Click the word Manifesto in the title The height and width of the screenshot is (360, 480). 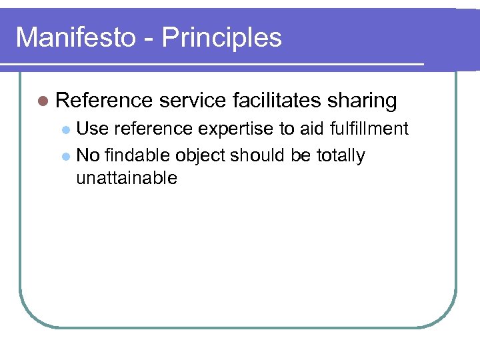[x=74, y=37]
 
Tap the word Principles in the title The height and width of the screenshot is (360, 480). [x=221, y=39]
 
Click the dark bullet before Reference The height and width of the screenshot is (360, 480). [x=43, y=101]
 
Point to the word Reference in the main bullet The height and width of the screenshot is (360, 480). [x=105, y=101]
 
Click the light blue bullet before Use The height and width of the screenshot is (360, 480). [x=65, y=129]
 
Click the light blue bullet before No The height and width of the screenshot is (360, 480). [x=65, y=157]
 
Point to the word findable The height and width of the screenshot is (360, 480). [x=137, y=156]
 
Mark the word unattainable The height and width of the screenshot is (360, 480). [x=127, y=178]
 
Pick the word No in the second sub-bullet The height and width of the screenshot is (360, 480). [x=88, y=156]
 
